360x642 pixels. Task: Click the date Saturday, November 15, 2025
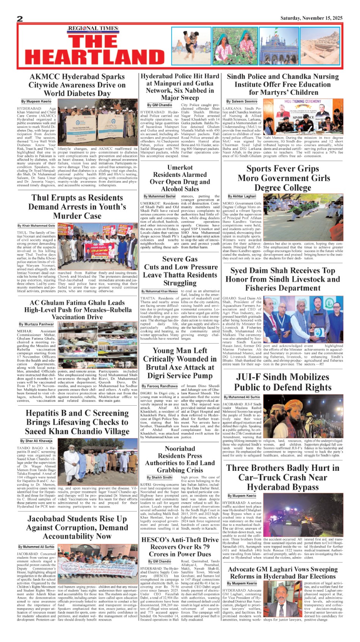click(311, 18)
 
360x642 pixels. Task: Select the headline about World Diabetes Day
click(77, 85)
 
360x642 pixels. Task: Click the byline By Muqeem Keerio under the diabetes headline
click(36, 102)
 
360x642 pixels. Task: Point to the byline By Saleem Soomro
click(241, 102)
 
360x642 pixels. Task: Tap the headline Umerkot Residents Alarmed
click(180, 178)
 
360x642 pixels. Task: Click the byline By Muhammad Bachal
click(160, 197)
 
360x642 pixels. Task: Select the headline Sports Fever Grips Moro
click(283, 178)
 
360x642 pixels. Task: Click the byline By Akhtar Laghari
click(242, 196)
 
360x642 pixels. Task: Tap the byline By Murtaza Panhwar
click(36, 324)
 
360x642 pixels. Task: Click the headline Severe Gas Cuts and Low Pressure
click(180, 271)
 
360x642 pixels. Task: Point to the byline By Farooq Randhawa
click(160, 386)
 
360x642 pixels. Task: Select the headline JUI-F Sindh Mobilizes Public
click(283, 382)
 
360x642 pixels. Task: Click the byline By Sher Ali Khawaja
click(36, 441)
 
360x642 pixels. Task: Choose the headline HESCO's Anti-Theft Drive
click(180, 547)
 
